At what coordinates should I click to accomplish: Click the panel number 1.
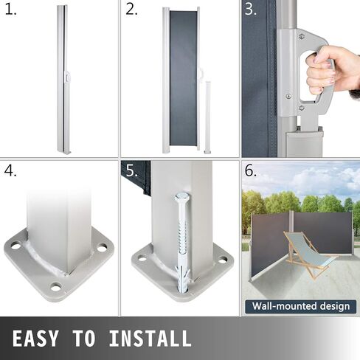pos(11,10)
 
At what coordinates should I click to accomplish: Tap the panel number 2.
pos(132,10)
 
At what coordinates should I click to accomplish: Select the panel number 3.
pos(251,10)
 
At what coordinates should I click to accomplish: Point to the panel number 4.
pos(10,170)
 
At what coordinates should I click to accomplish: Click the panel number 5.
pos(132,170)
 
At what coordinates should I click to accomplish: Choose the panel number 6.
pos(251,170)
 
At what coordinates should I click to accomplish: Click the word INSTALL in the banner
pos(150,339)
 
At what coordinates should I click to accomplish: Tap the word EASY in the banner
pos(35,339)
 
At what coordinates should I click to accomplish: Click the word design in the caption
pos(335,307)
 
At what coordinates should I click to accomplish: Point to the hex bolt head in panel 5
pos(182,197)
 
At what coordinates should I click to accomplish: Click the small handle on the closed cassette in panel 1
pos(67,77)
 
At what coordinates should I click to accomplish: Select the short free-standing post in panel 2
pos(208,117)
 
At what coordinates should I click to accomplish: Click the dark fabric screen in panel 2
pos(183,78)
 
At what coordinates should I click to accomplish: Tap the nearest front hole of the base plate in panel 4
pos(56,286)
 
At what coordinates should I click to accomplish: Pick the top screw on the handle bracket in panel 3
pos(301,37)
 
